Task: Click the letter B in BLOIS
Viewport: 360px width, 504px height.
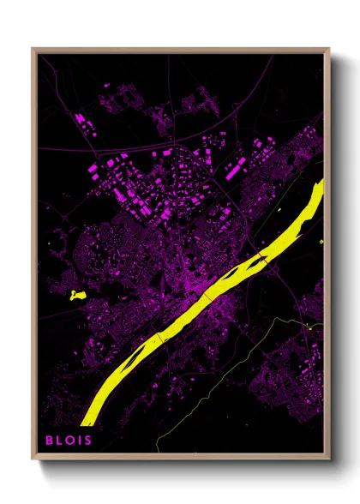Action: click(49, 440)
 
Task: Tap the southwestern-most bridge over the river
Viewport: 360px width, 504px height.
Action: click(160, 336)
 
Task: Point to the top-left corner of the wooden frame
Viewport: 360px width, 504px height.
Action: click(33, 49)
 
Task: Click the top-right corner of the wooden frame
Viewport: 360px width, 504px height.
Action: click(329, 49)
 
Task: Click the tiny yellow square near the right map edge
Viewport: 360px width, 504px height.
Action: click(321, 241)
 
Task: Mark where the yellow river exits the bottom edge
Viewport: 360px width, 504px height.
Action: click(86, 423)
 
